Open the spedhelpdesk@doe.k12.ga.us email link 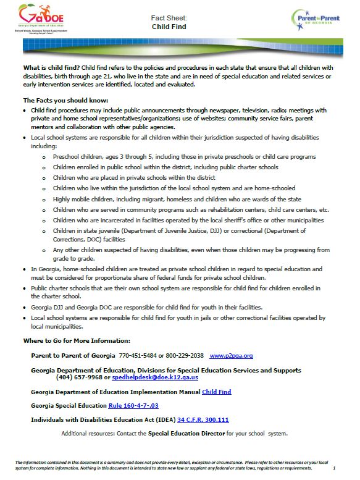pos(155,376)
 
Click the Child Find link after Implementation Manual pos(216,391)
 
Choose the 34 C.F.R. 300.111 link pos(203,419)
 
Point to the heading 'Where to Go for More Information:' pos(77,340)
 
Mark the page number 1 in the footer pos(343,468)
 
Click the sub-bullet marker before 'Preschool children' pos(44,158)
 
